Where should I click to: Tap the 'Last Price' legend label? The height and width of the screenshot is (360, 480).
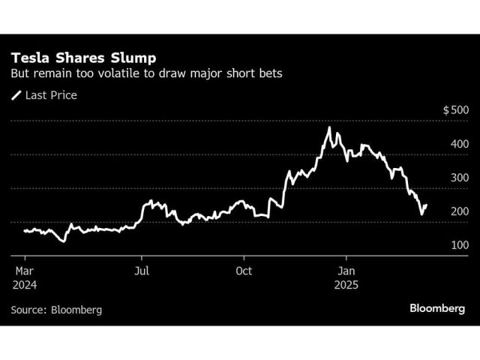click(x=51, y=95)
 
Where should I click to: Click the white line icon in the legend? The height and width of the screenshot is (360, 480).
click(x=16, y=95)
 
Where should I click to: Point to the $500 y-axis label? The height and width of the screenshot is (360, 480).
click(x=456, y=110)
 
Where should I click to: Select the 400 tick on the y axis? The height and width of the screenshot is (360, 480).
click(x=460, y=144)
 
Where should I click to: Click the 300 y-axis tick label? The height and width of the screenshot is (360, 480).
click(x=460, y=178)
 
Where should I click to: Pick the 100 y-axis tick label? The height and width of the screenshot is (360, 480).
click(x=460, y=245)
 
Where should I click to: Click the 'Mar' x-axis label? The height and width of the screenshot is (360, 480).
click(x=22, y=270)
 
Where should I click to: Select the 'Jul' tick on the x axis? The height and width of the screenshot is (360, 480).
click(x=141, y=270)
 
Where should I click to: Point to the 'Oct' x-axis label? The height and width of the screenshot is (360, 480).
click(x=244, y=270)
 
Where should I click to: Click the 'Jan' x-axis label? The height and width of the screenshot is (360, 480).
click(x=346, y=270)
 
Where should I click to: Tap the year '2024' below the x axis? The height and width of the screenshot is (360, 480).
click(x=24, y=285)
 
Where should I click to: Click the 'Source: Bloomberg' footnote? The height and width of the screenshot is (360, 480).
click(x=56, y=310)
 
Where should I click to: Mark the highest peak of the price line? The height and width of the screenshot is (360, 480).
click(x=329, y=128)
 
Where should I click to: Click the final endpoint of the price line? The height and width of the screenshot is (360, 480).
click(x=427, y=205)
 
